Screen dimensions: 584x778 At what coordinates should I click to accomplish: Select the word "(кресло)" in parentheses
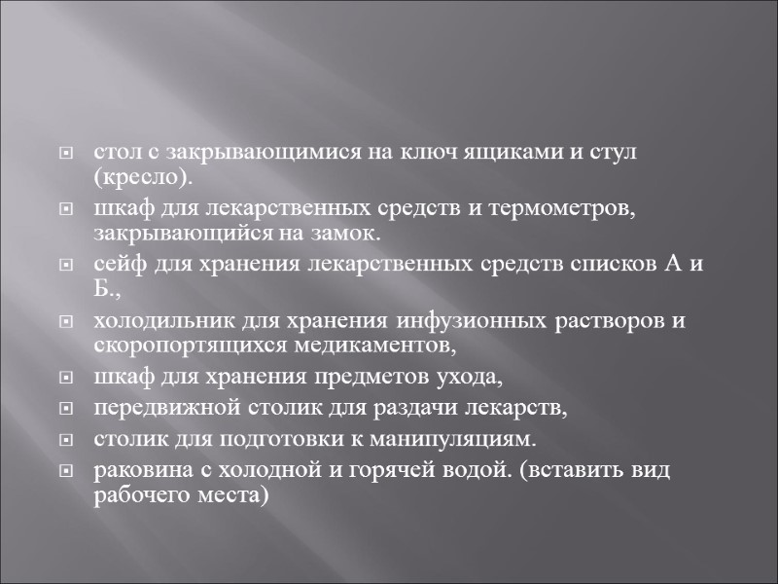[143, 179]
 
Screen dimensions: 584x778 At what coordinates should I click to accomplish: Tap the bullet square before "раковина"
[66, 471]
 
